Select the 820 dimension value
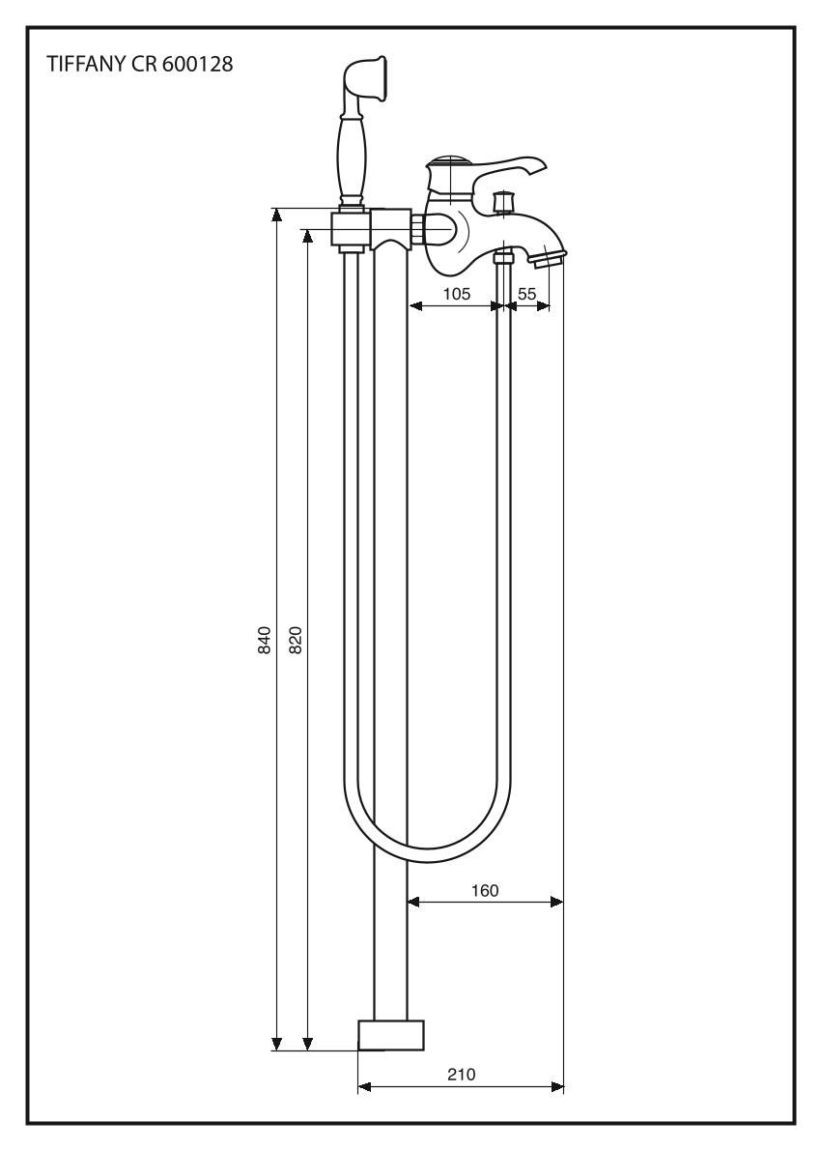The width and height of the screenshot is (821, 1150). pyautogui.click(x=297, y=641)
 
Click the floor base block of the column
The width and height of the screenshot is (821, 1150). pyautogui.click(x=391, y=1035)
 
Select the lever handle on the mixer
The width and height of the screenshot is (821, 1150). pyautogui.click(x=503, y=171)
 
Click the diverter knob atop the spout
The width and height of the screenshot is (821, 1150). pyautogui.click(x=502, y=202)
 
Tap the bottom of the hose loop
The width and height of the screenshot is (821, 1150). pyautogui.click(x=427, y=851)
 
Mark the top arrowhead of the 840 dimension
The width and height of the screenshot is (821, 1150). pyautogui.click(x=276, y=214)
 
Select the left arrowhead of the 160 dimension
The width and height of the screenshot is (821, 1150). pyautogui.click(x=412, y=902)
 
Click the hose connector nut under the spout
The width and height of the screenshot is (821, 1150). pyautogui.click(x=502, y=257)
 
